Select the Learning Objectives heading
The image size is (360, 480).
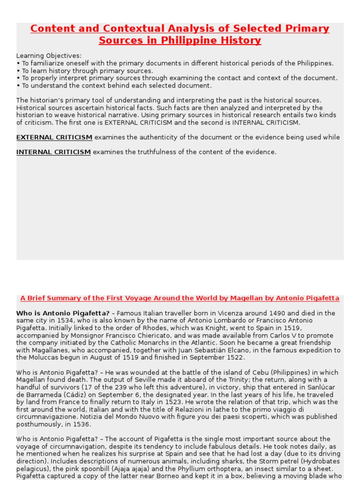[x=49, y=55]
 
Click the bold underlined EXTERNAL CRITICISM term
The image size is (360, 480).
[x=54, y=137]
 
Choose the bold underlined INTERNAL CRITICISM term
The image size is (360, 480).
[x=53, y=152]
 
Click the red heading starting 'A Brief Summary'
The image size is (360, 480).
[x=180, y=299]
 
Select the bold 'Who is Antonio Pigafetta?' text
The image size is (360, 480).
[x=63, y=313]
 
